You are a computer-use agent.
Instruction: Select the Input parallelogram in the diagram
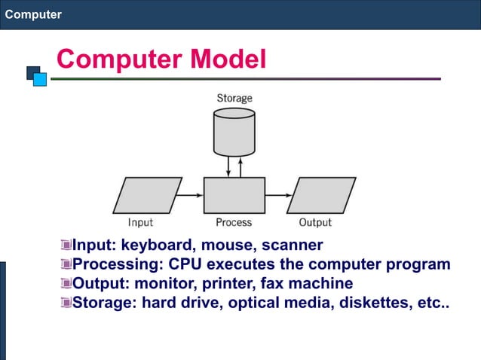(148, 195)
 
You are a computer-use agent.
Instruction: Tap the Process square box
(234, 195)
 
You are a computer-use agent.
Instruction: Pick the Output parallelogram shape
(321, 195)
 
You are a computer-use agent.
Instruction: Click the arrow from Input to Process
(192, 195)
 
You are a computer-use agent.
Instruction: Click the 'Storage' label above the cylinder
(234, 98)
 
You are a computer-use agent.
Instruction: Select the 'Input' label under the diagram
(140, 222)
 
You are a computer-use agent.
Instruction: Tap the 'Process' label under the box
(234, 222)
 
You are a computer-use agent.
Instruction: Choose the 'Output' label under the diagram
(315, 222)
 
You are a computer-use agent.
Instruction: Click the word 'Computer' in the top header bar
(33, 14)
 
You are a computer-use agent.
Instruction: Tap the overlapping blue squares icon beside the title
(36, 75)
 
